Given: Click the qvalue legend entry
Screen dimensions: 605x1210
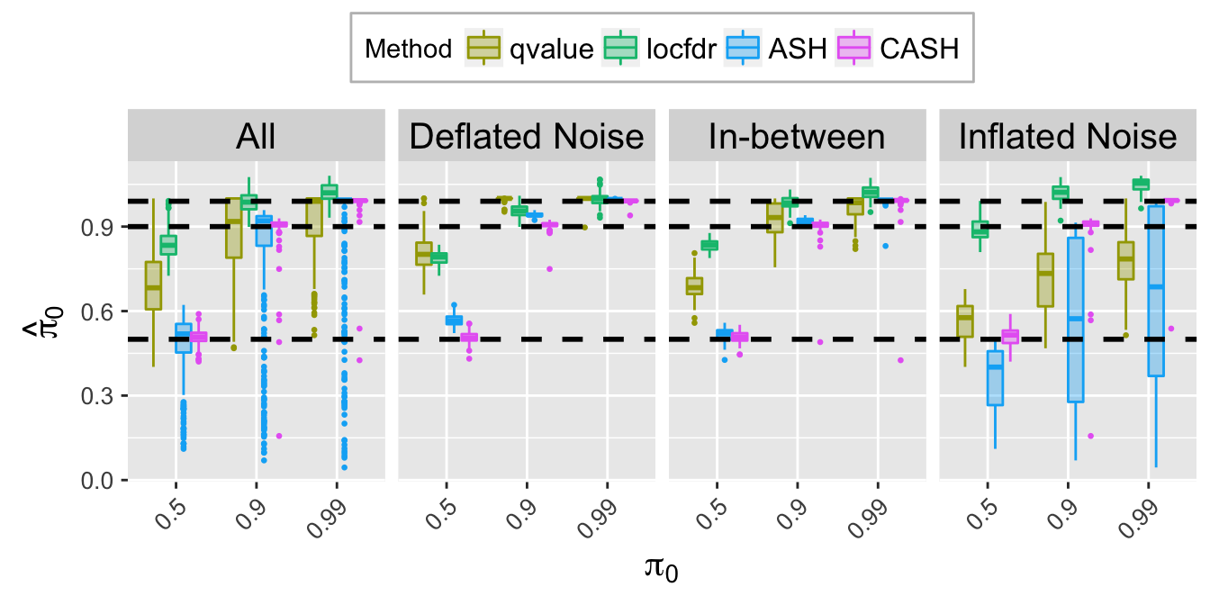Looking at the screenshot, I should (x=530, y=49).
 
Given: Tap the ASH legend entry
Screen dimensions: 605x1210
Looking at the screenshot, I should (x=779, y=49).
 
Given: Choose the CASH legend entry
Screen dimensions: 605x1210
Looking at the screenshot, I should (x=899, y=49).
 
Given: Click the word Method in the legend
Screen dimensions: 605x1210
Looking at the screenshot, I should (x=408, y=49).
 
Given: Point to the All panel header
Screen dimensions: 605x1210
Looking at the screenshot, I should (x=256, y=137).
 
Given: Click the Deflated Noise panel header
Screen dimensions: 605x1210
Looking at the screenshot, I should (x=527, y=137).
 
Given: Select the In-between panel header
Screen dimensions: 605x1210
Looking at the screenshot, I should (x=797, y=137).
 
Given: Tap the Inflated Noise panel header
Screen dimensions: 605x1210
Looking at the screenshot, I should (x=1068, y=137).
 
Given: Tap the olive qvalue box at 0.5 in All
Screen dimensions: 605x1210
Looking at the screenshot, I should (x=153, y=285).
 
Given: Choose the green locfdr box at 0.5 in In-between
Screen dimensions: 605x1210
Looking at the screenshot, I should (x=709, y=245).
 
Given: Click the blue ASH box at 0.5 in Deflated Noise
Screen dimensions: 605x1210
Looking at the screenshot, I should (x=454, y=320).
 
